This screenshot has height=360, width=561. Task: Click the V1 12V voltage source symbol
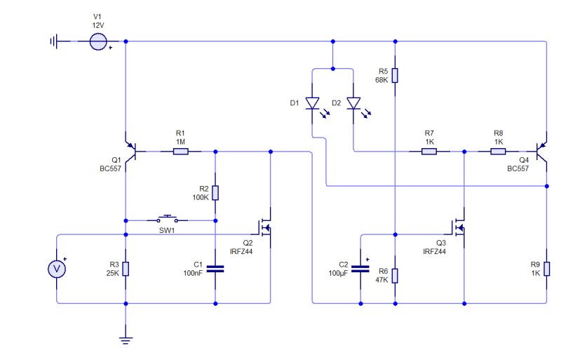98,42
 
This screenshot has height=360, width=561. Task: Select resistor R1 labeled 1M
180,151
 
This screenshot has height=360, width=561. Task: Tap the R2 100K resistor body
215,193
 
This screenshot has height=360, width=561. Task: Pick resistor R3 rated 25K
126,268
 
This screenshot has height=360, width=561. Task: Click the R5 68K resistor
396,76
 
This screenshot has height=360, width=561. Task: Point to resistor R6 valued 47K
396,274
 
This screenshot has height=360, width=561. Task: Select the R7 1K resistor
430,151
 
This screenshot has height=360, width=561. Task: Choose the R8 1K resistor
499,151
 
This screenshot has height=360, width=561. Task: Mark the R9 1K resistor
547,268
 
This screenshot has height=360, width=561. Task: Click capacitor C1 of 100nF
215,268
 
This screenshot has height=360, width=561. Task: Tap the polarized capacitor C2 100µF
360,268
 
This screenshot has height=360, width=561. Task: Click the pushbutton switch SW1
168,218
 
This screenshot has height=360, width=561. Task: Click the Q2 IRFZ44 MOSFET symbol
266,226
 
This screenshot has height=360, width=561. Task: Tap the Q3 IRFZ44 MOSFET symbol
459,226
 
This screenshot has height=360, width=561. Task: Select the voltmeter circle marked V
57,268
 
